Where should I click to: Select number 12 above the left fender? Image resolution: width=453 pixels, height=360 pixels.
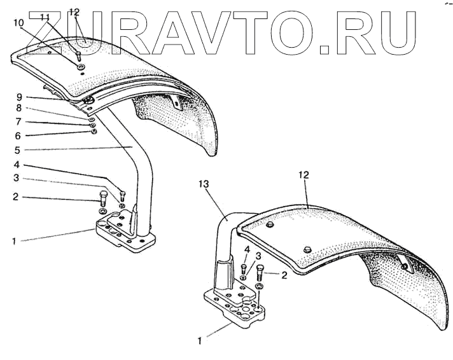pos(74,12)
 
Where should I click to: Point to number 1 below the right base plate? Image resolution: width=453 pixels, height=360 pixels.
pos(199,341)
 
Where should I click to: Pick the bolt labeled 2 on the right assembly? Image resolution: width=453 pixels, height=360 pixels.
pos(260,276)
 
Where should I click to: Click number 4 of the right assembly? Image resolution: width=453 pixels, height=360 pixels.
pos(246,249)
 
